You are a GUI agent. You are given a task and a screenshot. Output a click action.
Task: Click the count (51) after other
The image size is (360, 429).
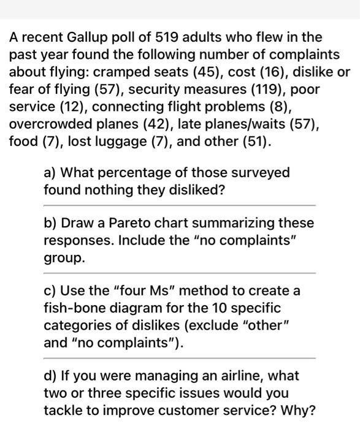[253, 141]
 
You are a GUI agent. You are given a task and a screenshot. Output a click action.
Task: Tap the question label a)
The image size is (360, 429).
[51, 173]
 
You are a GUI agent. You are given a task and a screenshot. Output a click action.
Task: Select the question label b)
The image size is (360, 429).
[51, 223]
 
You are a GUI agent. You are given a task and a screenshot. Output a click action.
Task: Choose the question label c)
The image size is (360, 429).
[51, 290]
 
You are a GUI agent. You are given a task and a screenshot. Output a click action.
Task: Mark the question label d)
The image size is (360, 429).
[51, 375]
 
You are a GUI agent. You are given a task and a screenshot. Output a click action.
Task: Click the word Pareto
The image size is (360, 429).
[123, 223]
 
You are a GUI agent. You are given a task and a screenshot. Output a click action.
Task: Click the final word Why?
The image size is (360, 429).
[299, 409]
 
